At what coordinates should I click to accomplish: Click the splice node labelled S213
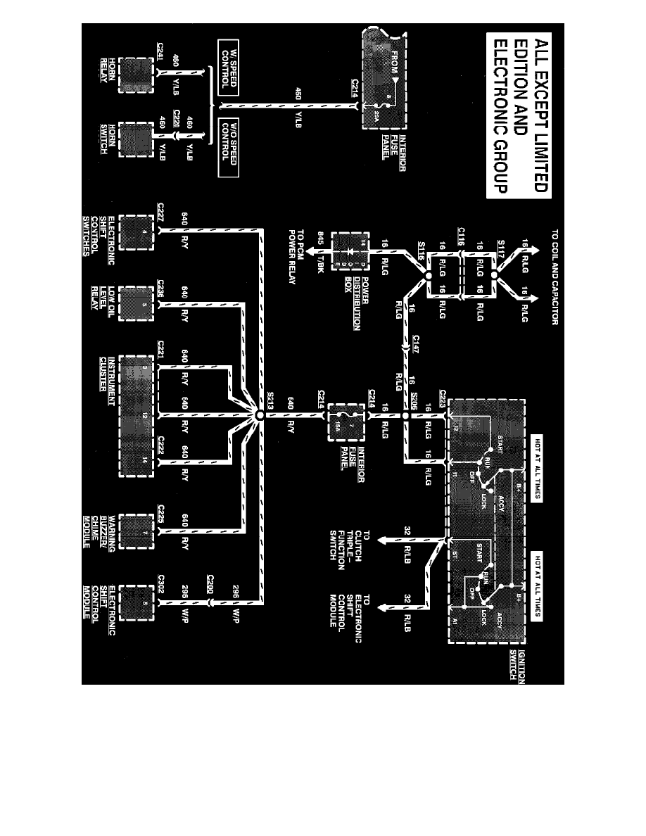coord(259,416)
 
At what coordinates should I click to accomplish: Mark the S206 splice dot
coord(405,416)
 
